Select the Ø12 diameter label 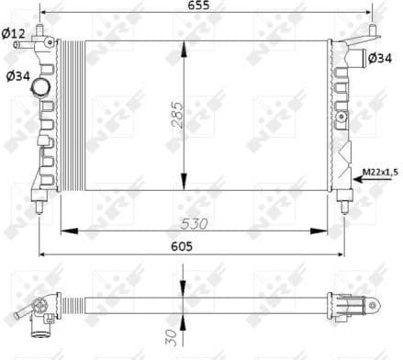tap(13, 34)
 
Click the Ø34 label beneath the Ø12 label tap(17, 76)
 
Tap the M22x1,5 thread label tap(381, 169)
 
